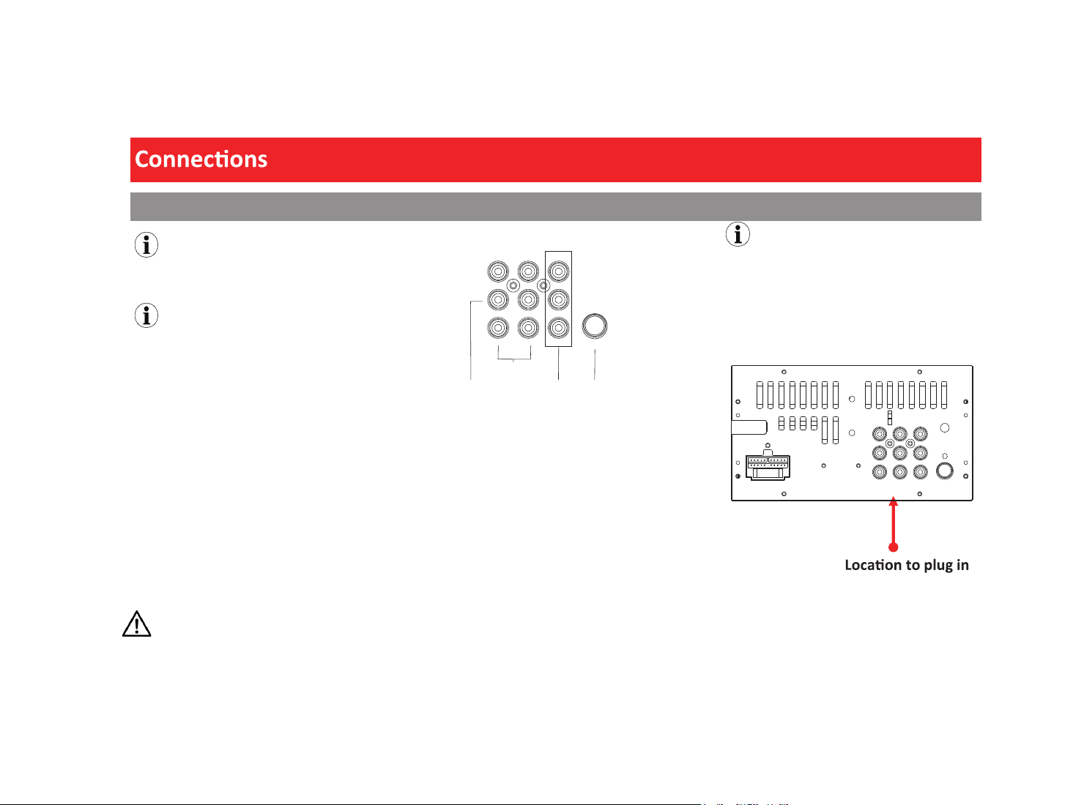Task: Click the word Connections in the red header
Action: click(x=201, y=160)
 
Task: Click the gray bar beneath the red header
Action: click(x=555, y=206)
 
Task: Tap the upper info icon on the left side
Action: click(x=146, y=244)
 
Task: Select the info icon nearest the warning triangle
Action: click(x=146, y=315)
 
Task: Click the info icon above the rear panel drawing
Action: click(x=738, y=234)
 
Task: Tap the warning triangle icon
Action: click(x=136, y=624)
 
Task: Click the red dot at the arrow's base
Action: click(x=893, y=547)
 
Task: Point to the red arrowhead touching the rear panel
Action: click(x=893, y=501)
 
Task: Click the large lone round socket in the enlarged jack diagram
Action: click(x=594, y=326)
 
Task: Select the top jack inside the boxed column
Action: click(x=558, y=272)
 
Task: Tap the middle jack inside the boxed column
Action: click(x=558, y=300)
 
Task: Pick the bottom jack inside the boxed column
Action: click(x=558, y=328)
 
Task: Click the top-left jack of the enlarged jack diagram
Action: click(x=498, y=272)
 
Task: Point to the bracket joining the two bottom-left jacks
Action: click(x=514, y=359)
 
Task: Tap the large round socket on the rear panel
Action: click(x=944, y=471)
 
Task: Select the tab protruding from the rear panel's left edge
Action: click(x=749, y=427)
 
